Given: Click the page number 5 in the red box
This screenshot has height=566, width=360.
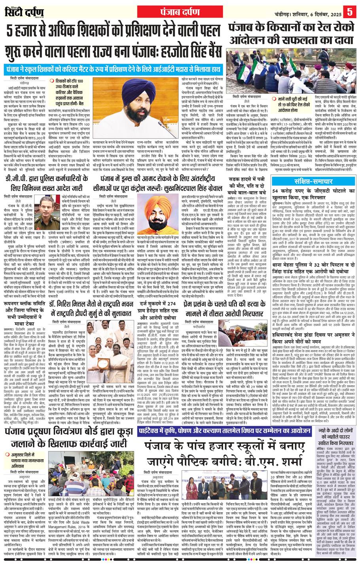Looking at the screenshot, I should coord(350,10).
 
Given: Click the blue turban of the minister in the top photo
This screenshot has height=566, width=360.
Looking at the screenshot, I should coord(115,81).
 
